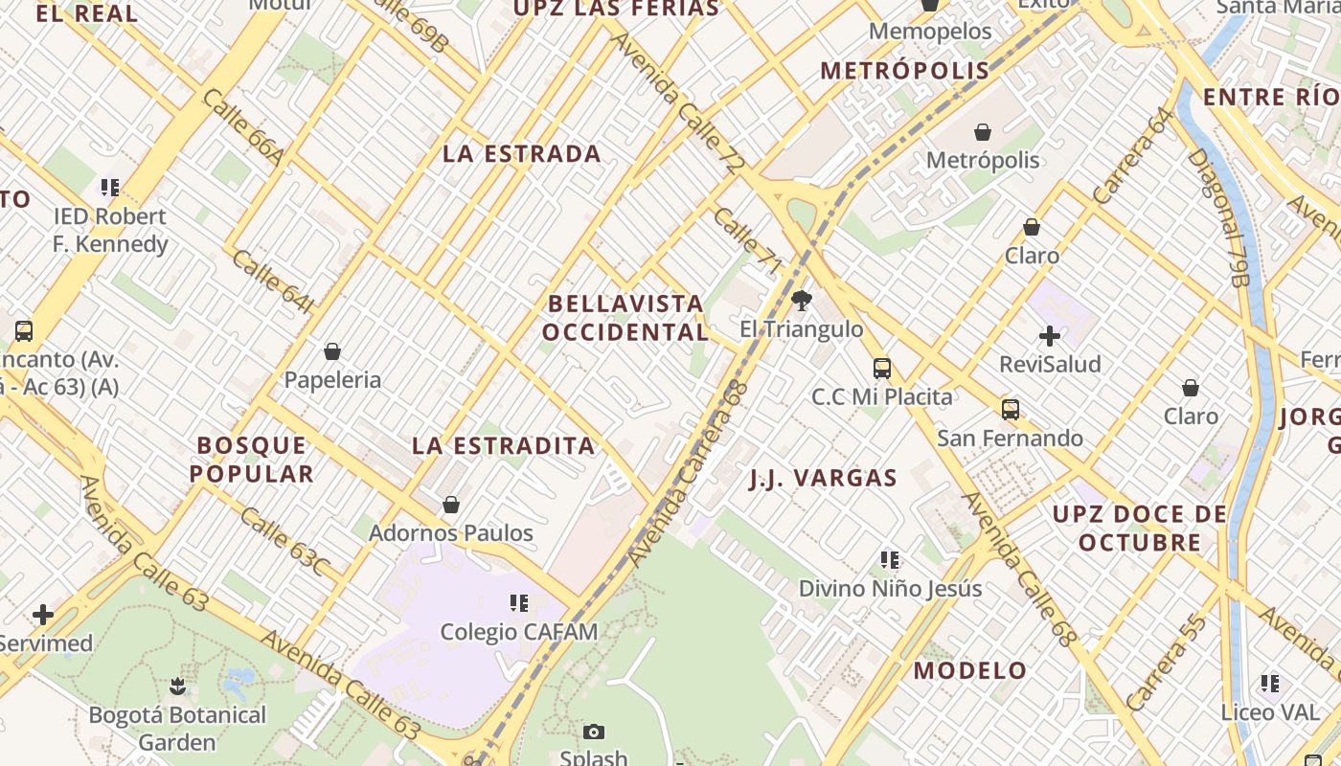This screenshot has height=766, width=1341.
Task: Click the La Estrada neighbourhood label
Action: [522, 153]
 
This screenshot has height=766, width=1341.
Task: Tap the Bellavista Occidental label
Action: [626, 318]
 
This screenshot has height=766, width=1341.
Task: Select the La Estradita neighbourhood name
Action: [504, 445]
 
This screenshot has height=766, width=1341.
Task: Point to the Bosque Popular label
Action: [252, 460]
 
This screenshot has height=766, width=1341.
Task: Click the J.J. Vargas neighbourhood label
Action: [823, 478]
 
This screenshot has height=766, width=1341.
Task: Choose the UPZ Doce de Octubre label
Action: [1140, 529]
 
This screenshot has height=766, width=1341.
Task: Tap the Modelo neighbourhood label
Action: [970, 670]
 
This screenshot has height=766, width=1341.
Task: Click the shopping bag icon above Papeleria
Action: [332, 352]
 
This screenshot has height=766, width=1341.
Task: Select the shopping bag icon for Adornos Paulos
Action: [451, 505]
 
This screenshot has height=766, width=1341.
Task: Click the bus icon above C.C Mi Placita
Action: [882, 369]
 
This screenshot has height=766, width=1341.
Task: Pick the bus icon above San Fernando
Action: [1011, 410]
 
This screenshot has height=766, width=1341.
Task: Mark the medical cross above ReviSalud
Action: [1050, 336]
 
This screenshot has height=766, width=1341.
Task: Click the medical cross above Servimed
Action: [43, 615]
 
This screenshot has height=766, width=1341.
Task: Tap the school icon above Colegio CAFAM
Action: [519, 603]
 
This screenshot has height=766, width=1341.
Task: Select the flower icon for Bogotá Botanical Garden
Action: [177, 686]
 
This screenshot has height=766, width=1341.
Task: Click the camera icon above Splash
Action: [594, 732]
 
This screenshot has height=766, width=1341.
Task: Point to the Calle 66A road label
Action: [243, 127]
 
